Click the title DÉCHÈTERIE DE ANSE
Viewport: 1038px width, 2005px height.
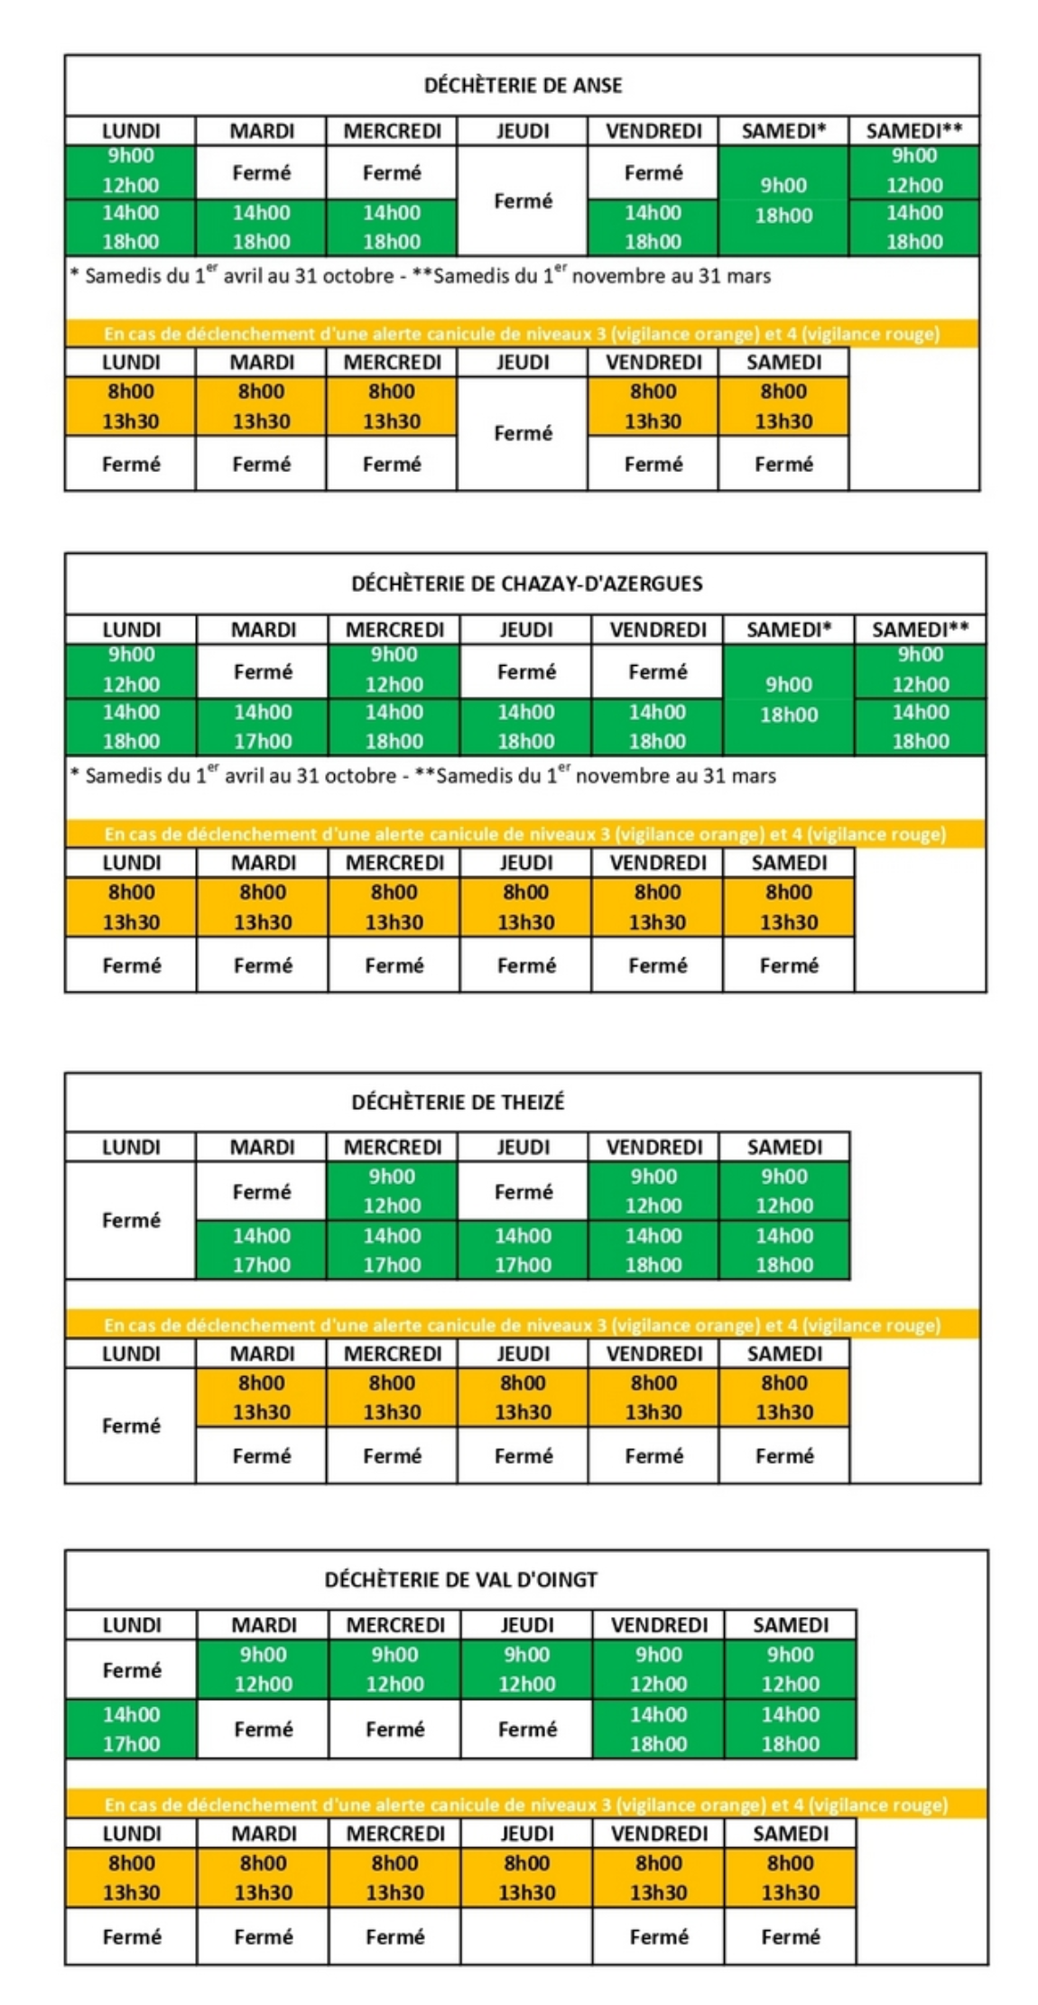(523, 86)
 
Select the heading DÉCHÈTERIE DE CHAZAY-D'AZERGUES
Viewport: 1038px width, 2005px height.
(526, 584)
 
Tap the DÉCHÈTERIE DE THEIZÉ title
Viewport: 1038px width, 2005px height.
(458, 1103)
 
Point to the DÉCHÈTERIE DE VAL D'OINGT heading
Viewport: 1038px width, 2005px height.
(460, 1580)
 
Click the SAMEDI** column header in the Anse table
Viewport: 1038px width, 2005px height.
(913, 131)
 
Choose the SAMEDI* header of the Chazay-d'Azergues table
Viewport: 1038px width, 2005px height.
(788, 630)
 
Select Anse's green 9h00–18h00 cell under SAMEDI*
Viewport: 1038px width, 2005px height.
(783, 200)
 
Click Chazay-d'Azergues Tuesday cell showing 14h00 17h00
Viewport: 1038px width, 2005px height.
(263, 726)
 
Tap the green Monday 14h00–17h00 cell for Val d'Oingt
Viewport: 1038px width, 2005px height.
(131, 1729)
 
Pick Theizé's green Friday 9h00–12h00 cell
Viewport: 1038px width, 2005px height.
(653, 1191)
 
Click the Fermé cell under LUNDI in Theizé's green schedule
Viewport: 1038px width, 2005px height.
(131, 1220)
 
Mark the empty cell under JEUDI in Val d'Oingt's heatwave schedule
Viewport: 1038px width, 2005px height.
(527, 1936)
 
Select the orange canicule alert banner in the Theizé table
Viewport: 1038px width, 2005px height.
(522, 1326)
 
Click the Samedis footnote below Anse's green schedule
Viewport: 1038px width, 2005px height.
(421, 276)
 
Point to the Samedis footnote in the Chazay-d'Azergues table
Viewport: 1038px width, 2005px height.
(423, 776)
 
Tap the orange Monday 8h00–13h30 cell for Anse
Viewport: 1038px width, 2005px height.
(131, 406)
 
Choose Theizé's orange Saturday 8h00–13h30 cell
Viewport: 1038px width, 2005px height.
(783, 1398)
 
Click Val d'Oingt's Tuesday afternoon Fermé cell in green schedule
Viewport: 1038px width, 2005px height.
(263, 1729)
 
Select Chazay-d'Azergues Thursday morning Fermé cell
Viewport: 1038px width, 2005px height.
(526, 672)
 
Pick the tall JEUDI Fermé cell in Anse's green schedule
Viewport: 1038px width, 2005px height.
(523, 201)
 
